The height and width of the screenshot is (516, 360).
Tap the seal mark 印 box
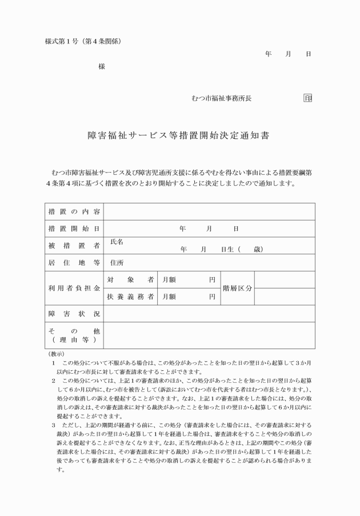pyautogui.click(x=308, y=98)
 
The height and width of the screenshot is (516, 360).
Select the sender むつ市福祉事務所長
pyautogui.click(x=221, y=98)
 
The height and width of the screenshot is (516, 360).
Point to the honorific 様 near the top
pyautogui.click(x=102, y=66)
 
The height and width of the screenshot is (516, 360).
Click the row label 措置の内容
pyautogui.click(x=74, y=211)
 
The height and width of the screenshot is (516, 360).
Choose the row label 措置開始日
pyautogui.click(x=74, y=229)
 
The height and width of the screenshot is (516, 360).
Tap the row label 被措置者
pyautogui.click(x=74, y=246)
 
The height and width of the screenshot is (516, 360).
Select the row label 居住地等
pyautogui.click(x=74, y=263)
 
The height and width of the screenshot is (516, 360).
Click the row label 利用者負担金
pyautogui.click(x=74, y=288)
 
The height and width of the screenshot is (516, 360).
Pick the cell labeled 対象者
pyautogui.click(x=130, y=280)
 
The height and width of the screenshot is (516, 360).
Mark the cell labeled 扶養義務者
pyautogui.click(x=130, y=297)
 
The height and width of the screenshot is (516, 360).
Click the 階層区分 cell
pyautogui.click(x=237, y=288)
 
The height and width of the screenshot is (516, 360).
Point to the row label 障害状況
pyautogui.click(x=74, y=314)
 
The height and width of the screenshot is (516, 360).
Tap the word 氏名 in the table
pyautogui.click(x=117, y=242)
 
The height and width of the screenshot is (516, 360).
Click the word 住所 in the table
pyautogui.click(x=117, y=263)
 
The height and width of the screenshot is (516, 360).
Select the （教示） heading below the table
pyautogui.click(x=57, y=354)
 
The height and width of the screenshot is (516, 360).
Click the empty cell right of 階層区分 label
pyautogui.click(x=284, y=288)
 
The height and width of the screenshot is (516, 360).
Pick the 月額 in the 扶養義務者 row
pyautogui.click(x=169, y=297)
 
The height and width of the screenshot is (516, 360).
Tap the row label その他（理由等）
pyautogui.click(x=74, y=335)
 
